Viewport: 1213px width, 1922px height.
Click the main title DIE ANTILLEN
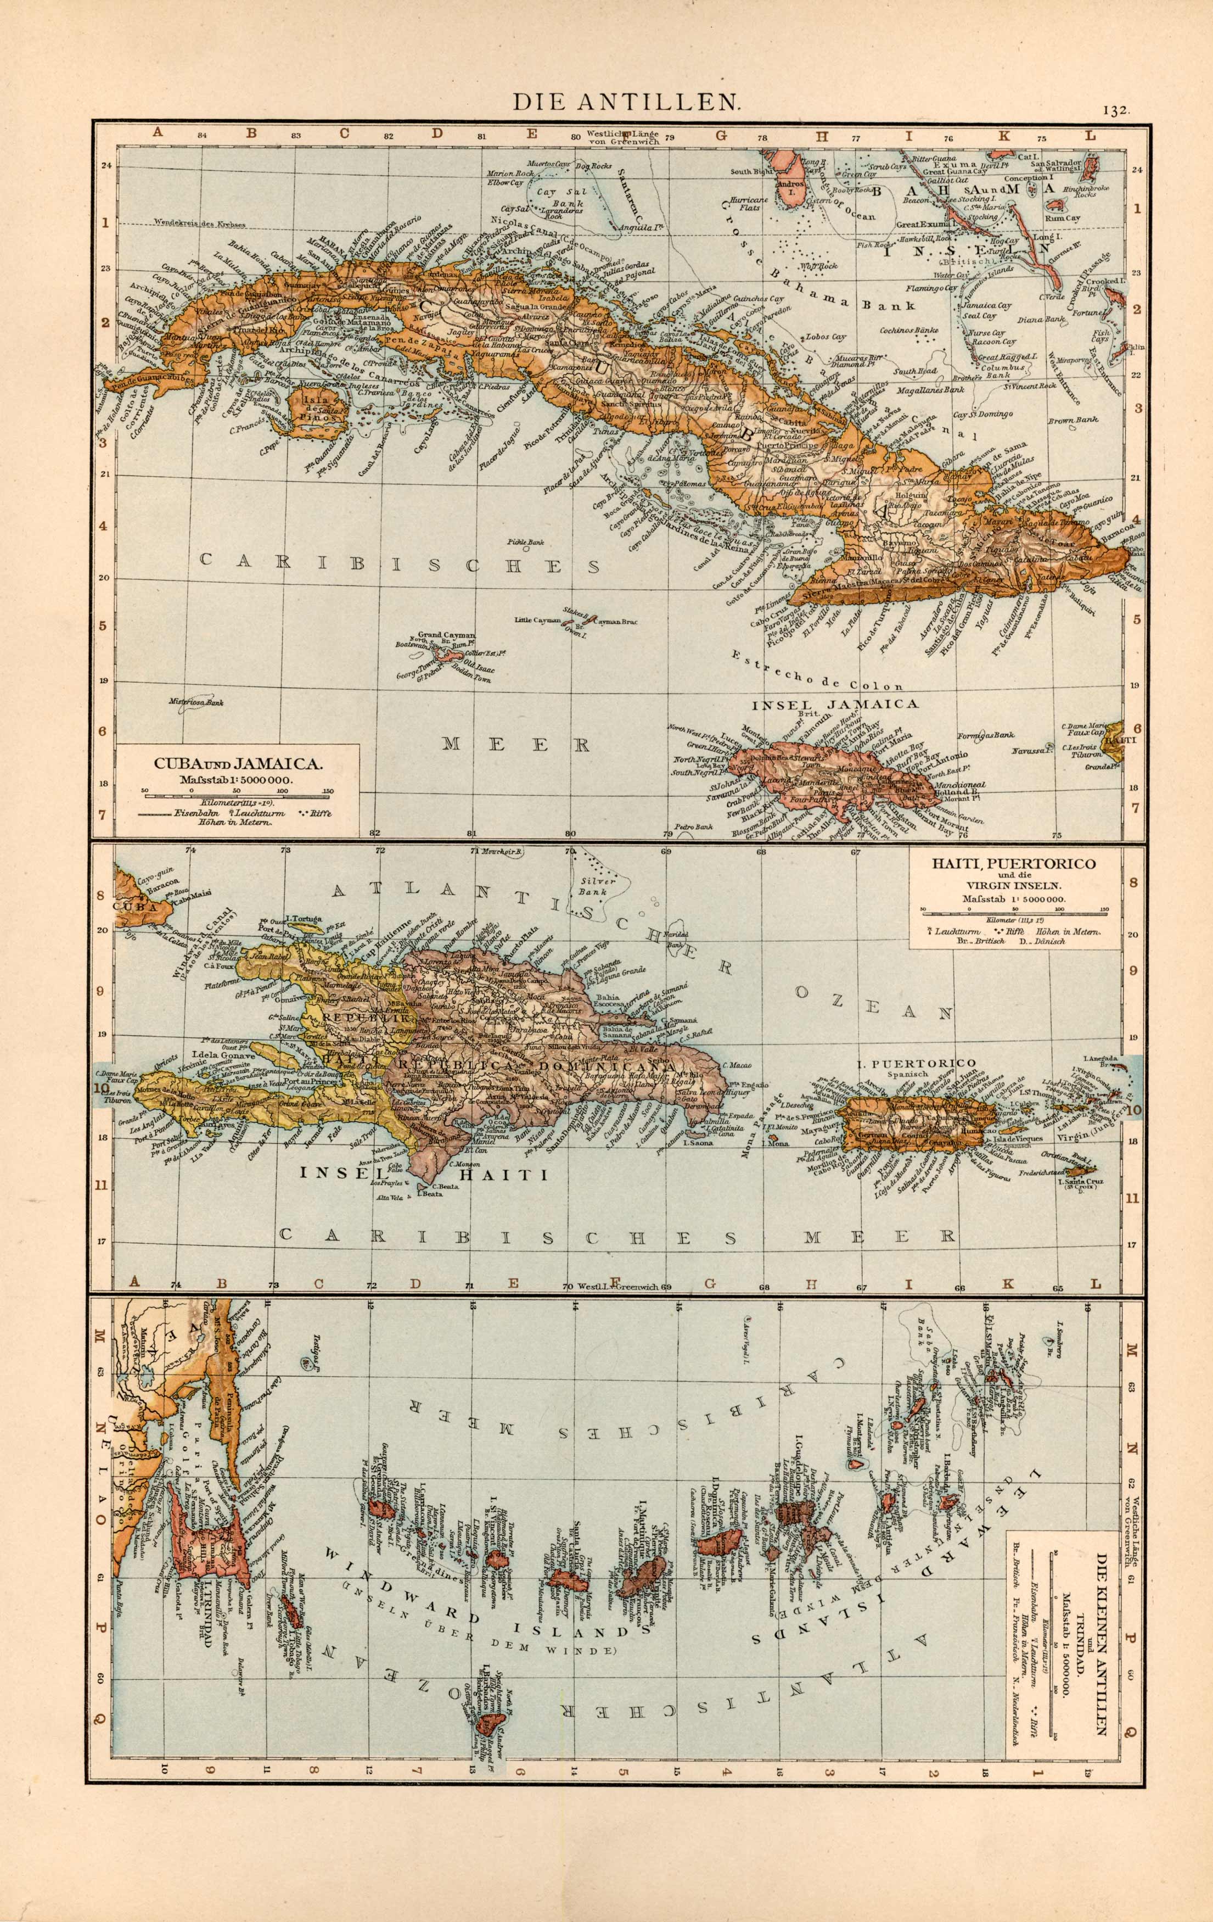(626, 102)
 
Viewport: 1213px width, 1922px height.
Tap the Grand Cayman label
(446, 635)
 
